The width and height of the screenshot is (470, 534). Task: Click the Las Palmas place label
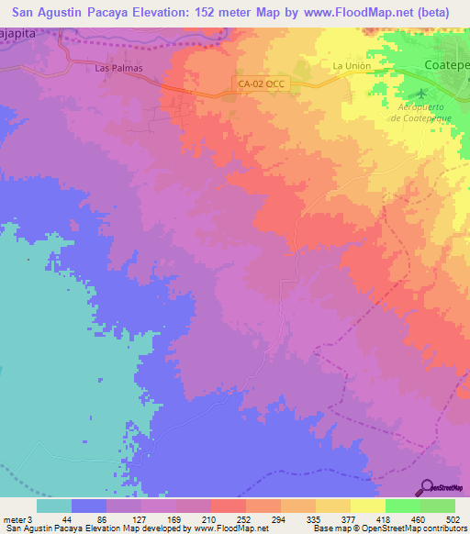(117, 67)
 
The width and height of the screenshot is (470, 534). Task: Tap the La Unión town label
(350, 66)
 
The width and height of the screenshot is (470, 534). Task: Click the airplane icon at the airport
(421, 95)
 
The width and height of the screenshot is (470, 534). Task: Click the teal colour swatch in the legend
(54, 506)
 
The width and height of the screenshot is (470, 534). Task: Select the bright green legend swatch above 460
(403, 506)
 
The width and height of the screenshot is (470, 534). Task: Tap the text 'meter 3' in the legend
(16, 518)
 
